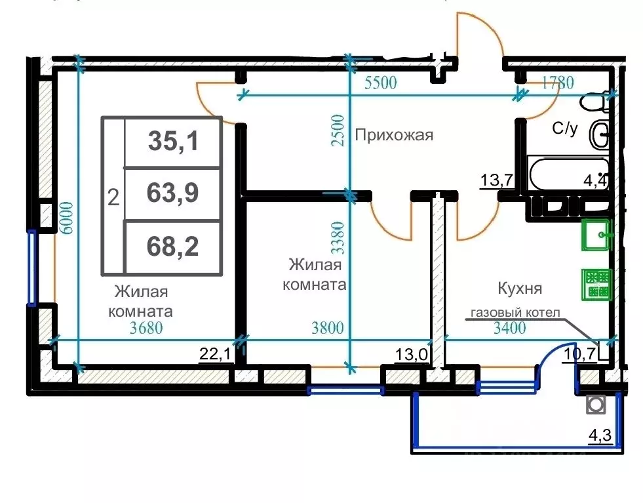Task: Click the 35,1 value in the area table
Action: tap(173, 141)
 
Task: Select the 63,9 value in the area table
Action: tap(173, 193)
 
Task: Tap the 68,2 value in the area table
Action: tap(173, 247)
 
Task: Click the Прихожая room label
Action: tap(394, 136)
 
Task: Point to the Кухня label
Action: tap(520, 289)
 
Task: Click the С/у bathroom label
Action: tap(565, 129)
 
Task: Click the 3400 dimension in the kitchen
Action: tap(509, 329)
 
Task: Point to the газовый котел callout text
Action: tap(513, 313)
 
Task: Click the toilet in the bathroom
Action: tap(596, 103)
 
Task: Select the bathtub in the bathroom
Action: tap(567, 174)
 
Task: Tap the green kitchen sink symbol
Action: tap(596, 234)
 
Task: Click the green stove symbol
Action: tap(596, 283)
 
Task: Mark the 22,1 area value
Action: tap(215, 355)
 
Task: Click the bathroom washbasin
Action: tap(599, 135)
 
